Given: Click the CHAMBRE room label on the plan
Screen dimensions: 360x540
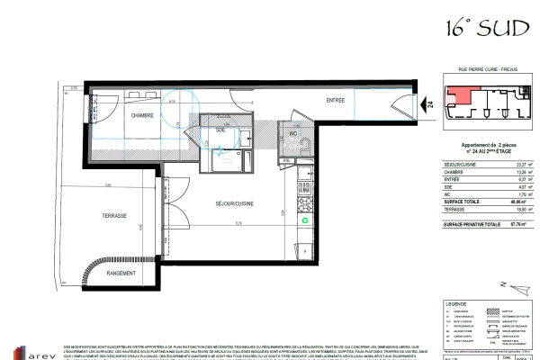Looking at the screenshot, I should pyautogui.click(x=139, y=116).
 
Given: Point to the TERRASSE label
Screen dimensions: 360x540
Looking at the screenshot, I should pyautogui.click(x=114, y=216).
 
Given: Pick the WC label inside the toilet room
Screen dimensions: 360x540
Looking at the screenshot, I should pyautogui.click(x=293, y=134).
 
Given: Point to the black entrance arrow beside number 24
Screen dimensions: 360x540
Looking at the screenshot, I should pyautogui.click(x=422, y=106).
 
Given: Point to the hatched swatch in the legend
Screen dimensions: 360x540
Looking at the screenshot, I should pyautogui.click(x=491, y=310).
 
